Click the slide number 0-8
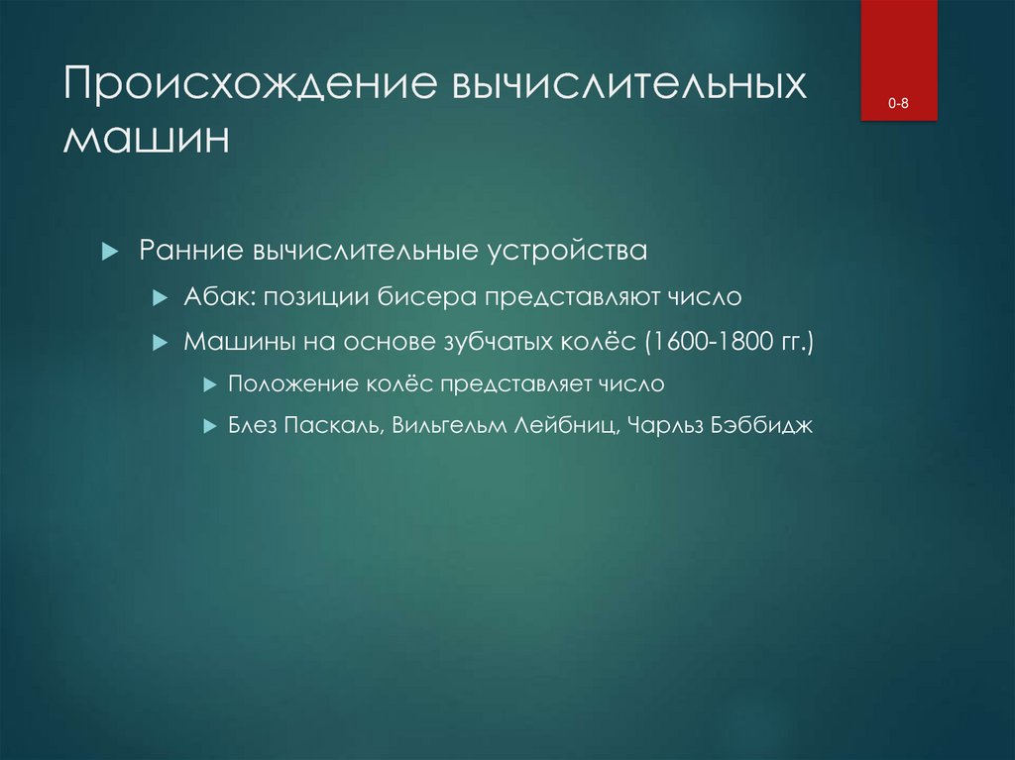[899, 104]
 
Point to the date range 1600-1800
[709, 342]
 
